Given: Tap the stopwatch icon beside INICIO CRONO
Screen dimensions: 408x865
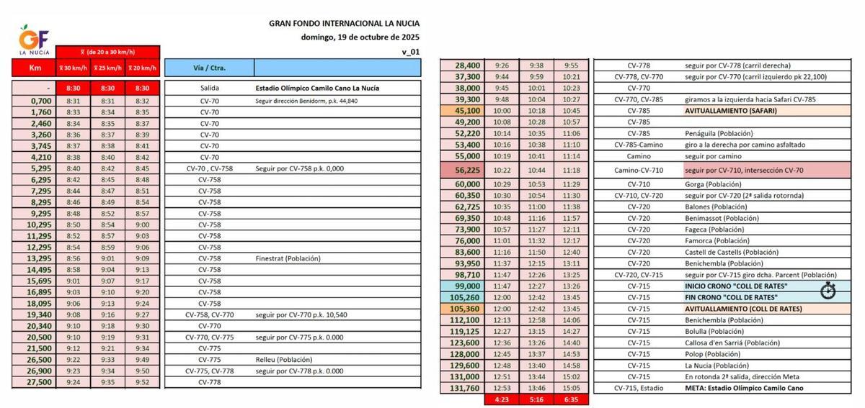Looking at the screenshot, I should click(828, 289).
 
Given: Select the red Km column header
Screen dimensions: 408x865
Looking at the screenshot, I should click(34, 68).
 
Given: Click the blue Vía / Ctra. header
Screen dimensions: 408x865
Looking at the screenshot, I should click(209, 68).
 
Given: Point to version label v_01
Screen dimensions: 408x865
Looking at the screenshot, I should click(410, 52).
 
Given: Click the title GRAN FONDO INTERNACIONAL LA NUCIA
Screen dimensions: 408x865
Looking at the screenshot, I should click(344, 23).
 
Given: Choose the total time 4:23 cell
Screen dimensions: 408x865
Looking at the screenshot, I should click(502, 399).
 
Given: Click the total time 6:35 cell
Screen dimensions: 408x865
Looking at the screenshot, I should click(571, 399).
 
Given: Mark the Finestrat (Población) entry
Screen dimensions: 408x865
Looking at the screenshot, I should click(288, 258).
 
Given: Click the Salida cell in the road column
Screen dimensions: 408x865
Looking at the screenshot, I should click(209, 89).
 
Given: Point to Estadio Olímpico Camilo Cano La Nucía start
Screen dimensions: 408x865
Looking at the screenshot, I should click(318, 89).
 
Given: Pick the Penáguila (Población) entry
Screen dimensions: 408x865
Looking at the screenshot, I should click(719, 133).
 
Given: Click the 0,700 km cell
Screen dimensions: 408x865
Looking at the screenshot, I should click(34, 101).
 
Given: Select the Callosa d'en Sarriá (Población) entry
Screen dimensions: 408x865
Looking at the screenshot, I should click(732, 343).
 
